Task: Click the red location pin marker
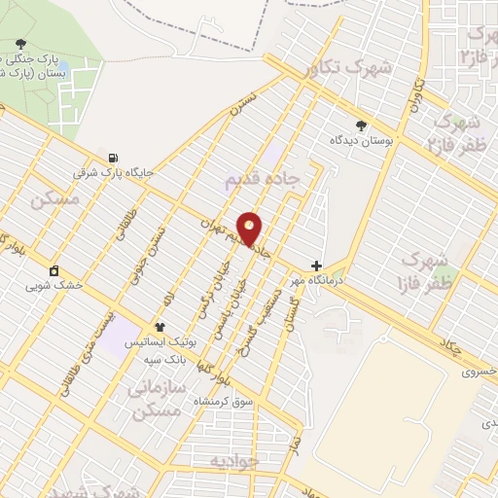[251, 228]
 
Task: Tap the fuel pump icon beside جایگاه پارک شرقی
[116, 158]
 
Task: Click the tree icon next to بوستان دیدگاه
[362, 124]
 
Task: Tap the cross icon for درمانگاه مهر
[315, 265]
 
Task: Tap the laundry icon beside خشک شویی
[53, 270]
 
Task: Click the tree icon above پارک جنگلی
[21, 43]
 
